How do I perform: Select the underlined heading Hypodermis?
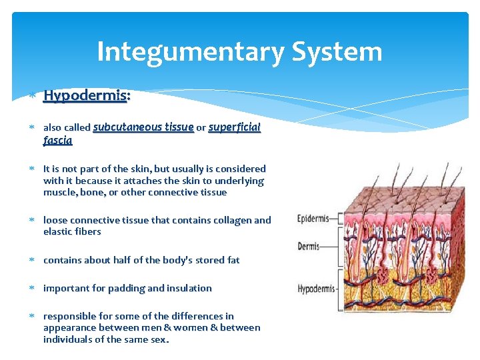pyautogui.click(x=85, y=96)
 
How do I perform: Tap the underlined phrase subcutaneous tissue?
pyautogui.click(x=143, y=127)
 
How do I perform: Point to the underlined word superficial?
pyautogui.click(x=234, y=127)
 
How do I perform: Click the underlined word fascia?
pyautogui.click(x=57, y=141)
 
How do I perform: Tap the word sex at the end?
pyautogui.click(x=159, y=339)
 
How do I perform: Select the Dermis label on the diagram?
pyautogui.click(x=308, y=247)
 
